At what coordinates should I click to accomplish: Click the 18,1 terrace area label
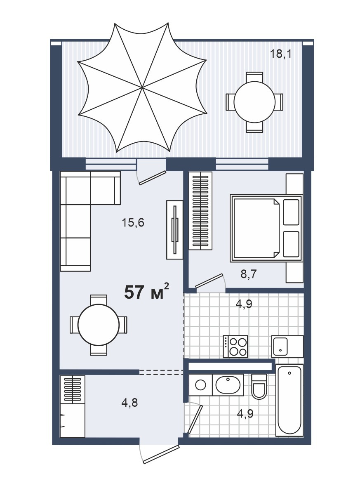coord(281,54)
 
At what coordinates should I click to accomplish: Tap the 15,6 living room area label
coord(133,223)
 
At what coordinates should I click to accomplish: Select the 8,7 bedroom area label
coord(249,274)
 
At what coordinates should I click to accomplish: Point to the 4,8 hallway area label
coord(129,403)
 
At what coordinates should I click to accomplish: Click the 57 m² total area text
coord(147,291)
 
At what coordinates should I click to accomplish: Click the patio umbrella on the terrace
coord(142,87)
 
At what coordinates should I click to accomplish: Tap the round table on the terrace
coord(255,102)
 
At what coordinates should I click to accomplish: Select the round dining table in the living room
coord(99,325)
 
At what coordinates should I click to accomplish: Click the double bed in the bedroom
coord(266,228)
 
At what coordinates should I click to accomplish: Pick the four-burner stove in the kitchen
coord(235,347)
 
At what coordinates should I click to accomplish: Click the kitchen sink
coord(287,347)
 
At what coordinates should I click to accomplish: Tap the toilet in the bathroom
coord(259,387)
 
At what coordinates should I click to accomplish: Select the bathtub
coord(289,400)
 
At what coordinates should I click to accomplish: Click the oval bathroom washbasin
coord(228,385)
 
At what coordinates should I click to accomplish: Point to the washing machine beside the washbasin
coord(200,385)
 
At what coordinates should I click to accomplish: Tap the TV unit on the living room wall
coord(175,230)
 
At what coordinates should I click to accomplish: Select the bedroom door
coord(210,281)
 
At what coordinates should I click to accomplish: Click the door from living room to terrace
coord(151,177)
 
